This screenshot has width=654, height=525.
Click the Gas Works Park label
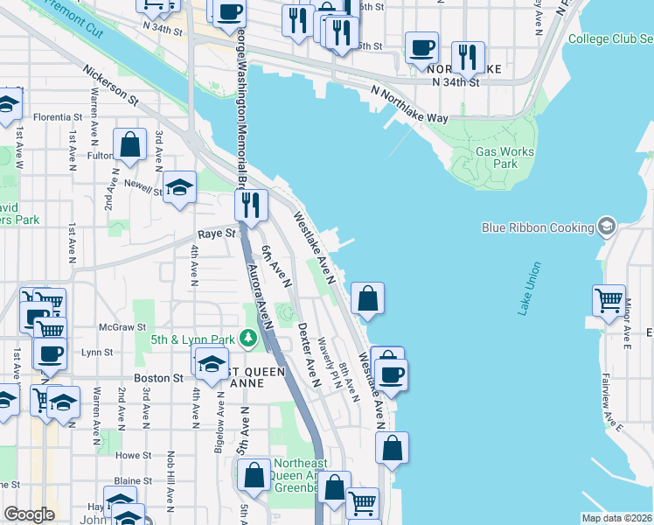[x=504, y=157]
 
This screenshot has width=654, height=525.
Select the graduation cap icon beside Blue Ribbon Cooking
[x=605, y=227]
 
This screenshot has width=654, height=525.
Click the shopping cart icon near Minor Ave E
[x=609, y=300]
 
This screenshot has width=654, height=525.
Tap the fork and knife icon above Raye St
[x=250, y=206]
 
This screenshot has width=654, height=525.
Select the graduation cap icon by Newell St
[x=180, y=187]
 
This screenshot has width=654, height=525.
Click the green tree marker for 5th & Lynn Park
[x=249, y=337]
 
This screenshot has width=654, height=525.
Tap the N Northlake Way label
[x=409, y=104]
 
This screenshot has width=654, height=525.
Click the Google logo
[x=29, y=514]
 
